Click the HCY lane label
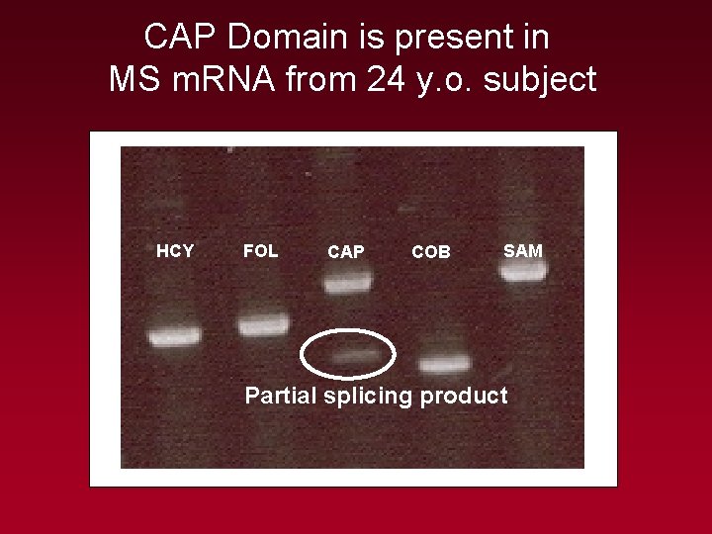[175, 251]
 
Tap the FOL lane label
[260, 251]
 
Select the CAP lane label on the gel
[345, 252]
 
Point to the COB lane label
[431, 252]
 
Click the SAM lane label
[523, 251]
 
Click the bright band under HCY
[174, 337]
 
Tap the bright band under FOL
[263, 323]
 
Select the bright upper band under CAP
[347, 285]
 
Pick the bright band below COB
[444, 364]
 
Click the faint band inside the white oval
[355, 353]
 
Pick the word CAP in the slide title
[180, 38]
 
